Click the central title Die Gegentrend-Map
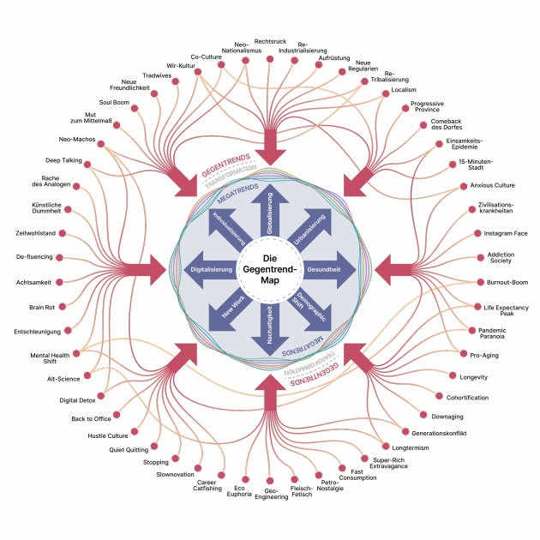[270, 269]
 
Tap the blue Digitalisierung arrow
[211, 270]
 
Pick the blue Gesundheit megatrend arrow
[329, 270]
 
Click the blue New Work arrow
[230, 309]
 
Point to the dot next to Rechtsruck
[270, 59]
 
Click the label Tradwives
[157, 75]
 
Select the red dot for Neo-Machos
[101, 144]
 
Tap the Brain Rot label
[42, 307]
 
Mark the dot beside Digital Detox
[101, 396]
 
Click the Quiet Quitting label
[129, 450]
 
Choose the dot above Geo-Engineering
[270, 481]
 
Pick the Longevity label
[473, 377]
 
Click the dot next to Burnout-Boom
[480, 282]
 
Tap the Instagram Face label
[506, 233]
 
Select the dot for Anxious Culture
[464, 186]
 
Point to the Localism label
[404, 90]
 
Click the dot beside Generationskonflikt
[405, 431]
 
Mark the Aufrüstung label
[334, 58]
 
